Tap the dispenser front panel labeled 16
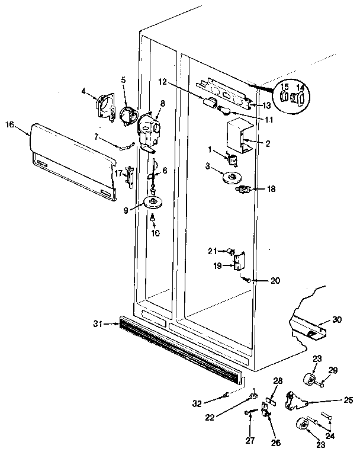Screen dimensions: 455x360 tap(71, 161)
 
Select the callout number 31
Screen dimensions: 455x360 tap(98, 323)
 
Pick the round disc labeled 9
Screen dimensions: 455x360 tap(153, 203)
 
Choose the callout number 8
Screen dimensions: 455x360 tap(162, 102)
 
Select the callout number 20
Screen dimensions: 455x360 tap(259, 280)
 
